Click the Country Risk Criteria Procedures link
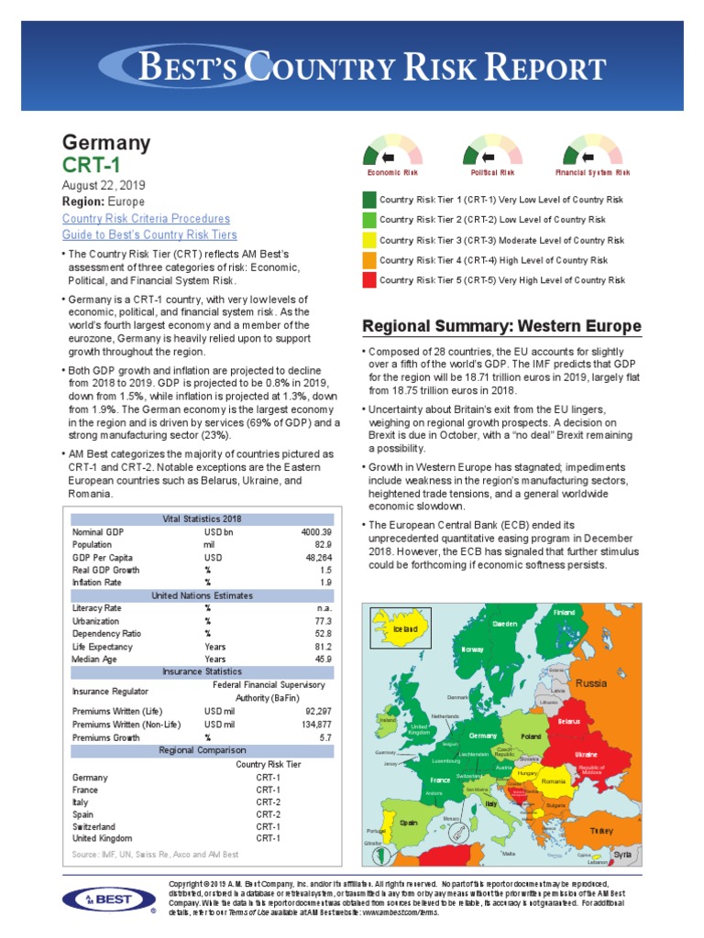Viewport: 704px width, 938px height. (146, 219)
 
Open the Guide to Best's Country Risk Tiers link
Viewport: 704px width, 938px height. (149, 234)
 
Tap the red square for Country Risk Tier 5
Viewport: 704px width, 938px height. (369, 280)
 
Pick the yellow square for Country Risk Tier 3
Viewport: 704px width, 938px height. (369, 240)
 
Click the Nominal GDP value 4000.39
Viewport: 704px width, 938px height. (312, 532)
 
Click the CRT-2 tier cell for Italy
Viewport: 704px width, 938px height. (268, 802)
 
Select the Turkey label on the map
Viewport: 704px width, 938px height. (601, 830)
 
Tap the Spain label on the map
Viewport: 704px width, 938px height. (408, 823)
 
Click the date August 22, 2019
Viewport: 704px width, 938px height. (104, 185)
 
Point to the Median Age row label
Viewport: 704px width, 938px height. (96, 659)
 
